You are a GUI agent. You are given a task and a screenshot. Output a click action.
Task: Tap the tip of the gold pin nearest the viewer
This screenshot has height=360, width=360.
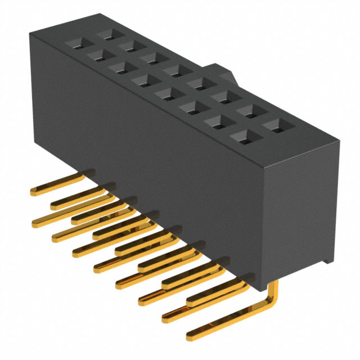(191, 336)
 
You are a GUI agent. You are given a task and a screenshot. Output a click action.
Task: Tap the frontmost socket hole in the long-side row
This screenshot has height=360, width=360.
(242, 134)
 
